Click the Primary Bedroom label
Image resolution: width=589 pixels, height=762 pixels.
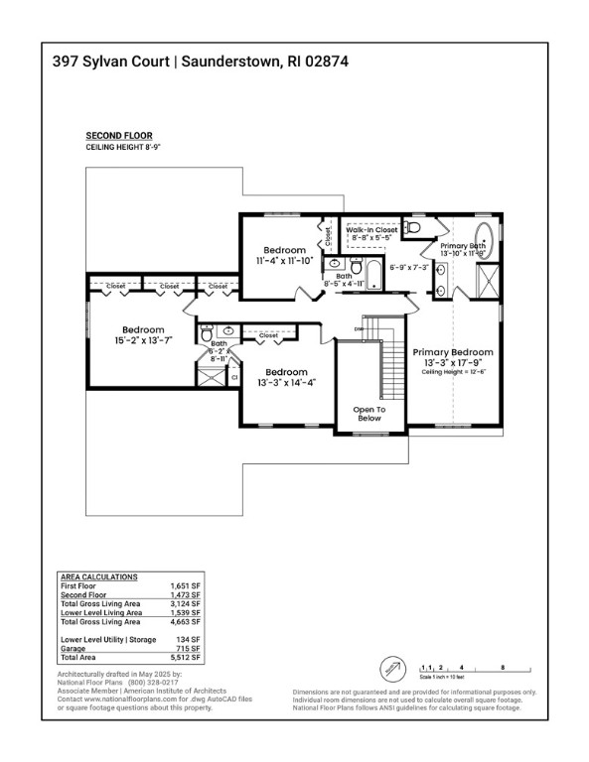point(453,352)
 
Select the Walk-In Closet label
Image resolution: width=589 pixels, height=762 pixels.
point(371,229)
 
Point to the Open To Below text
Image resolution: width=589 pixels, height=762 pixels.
point(368,413)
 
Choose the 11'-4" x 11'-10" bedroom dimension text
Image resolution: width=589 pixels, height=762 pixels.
point(284,261)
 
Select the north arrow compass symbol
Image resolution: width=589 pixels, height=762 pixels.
point(394,667)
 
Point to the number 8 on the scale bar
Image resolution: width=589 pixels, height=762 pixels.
point(503,668)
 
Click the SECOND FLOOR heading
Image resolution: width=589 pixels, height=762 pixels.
point(119,135)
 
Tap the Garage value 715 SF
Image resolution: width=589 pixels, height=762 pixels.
point(189,648)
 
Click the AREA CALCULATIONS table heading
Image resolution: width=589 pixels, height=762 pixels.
point(99,576)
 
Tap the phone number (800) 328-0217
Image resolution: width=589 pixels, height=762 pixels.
point(151,683)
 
